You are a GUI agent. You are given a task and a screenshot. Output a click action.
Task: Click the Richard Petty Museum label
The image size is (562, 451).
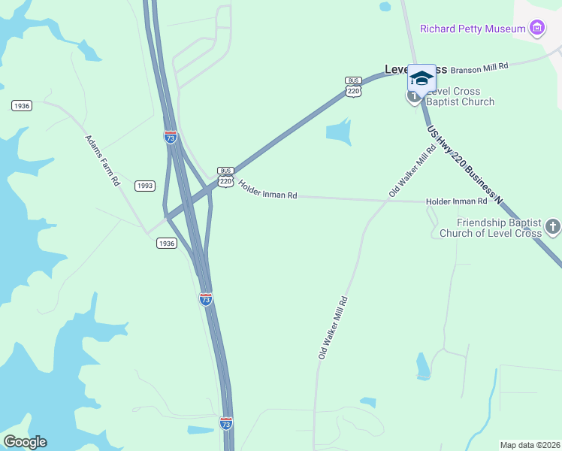point(472,29)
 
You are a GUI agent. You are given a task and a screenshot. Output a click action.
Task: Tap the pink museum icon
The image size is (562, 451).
point(536,29)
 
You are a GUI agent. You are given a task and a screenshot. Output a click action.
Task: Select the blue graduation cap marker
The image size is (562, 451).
point(421,78)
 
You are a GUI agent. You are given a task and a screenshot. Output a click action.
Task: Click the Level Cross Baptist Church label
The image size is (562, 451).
point(460,97)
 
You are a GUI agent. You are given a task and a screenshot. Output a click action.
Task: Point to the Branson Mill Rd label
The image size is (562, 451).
point(480,66)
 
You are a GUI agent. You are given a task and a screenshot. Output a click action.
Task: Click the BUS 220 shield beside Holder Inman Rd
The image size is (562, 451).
point(225,177)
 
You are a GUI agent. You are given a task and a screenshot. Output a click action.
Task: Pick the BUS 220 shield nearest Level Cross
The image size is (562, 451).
point(353,86)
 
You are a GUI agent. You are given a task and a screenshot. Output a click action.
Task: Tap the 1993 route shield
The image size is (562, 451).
point(145,186)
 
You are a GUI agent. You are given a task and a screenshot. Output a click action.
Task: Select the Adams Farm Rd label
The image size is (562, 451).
point(102,160)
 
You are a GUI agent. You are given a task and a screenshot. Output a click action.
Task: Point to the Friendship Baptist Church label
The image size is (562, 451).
point(500,228)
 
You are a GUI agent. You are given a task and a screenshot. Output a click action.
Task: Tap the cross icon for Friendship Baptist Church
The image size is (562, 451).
point(553,226)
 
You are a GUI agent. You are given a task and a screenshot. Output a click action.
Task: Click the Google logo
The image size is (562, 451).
point(24,442)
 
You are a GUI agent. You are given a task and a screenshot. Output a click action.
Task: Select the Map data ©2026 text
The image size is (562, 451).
point(529,445)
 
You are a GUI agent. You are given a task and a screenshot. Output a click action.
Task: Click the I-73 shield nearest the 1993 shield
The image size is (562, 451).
point(171,137)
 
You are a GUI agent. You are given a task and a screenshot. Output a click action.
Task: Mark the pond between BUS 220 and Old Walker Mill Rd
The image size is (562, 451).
point(339,133)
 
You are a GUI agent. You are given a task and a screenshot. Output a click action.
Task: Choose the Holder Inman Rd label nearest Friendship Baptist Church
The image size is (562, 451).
point(456,201)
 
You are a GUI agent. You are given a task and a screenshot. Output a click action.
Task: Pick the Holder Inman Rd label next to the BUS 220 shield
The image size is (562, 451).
point(267,189)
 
